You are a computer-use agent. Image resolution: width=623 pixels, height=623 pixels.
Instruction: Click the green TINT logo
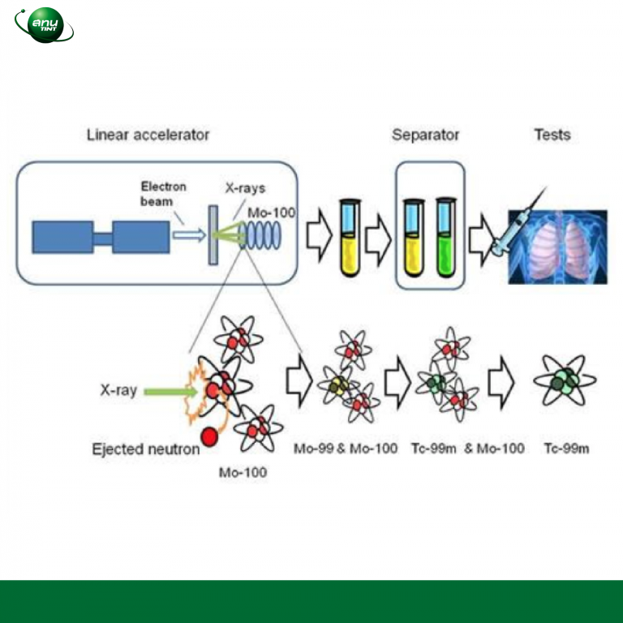[x=44, y=24]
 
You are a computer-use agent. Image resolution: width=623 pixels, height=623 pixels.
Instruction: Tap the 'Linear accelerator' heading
[x=148, y=135]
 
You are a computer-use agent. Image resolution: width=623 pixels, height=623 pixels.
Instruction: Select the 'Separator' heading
[x=426, y=135]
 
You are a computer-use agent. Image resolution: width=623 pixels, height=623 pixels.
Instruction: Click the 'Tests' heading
[x=552, y=135]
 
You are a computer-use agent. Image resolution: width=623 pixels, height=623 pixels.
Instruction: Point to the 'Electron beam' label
[x=163, y=194]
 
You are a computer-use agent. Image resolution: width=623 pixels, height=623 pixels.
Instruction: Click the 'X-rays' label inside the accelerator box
[x=245, y=188]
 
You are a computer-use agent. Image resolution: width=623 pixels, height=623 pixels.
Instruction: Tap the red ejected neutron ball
[x=209, y=437]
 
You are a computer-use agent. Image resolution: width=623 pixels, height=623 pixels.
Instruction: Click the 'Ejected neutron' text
[x=146, y=449]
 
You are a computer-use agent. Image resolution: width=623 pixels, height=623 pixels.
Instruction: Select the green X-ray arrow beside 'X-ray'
[x=171, y=392]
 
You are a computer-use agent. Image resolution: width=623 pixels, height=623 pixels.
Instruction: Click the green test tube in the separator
[x=446, y=237]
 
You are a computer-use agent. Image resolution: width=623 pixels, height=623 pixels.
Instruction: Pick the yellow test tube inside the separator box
[x=414, y=237]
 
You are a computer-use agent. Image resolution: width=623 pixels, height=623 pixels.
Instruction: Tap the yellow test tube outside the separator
[x=350, y=237]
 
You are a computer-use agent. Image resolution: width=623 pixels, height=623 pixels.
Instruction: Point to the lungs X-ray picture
[x=558, y=247]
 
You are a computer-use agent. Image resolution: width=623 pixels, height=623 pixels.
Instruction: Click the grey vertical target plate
[x=213, y=234]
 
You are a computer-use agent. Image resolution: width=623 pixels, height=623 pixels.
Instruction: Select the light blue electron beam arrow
[x=189, y=234]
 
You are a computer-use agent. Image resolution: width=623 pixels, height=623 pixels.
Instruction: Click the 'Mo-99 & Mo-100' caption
[x=346, y=449]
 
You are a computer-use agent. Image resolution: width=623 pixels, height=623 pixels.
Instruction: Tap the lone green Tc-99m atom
[x=565, y=380]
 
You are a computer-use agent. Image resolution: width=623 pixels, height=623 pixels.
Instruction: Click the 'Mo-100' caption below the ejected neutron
[x=243, y=472]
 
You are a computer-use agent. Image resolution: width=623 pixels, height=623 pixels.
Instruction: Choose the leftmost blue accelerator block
[x=62, y=237]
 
